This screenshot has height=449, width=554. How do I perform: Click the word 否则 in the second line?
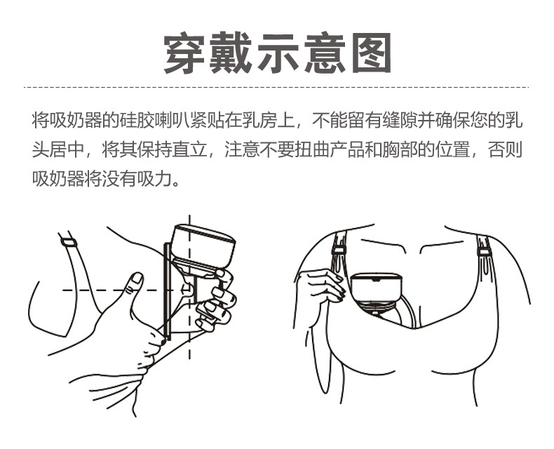pos(508,150)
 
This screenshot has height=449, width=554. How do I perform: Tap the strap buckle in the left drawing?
pos(68,242)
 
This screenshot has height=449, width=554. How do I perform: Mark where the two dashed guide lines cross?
pos(189,289)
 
